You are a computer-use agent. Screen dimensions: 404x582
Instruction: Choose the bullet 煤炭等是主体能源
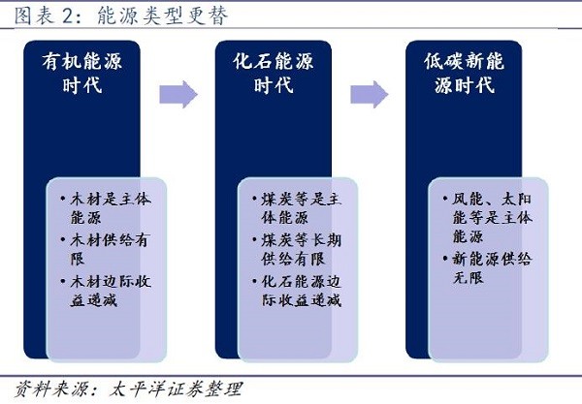(295, 206)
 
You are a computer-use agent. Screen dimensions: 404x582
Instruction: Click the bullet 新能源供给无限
(485, 268)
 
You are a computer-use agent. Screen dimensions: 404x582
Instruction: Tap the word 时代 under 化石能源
(275, 85)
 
